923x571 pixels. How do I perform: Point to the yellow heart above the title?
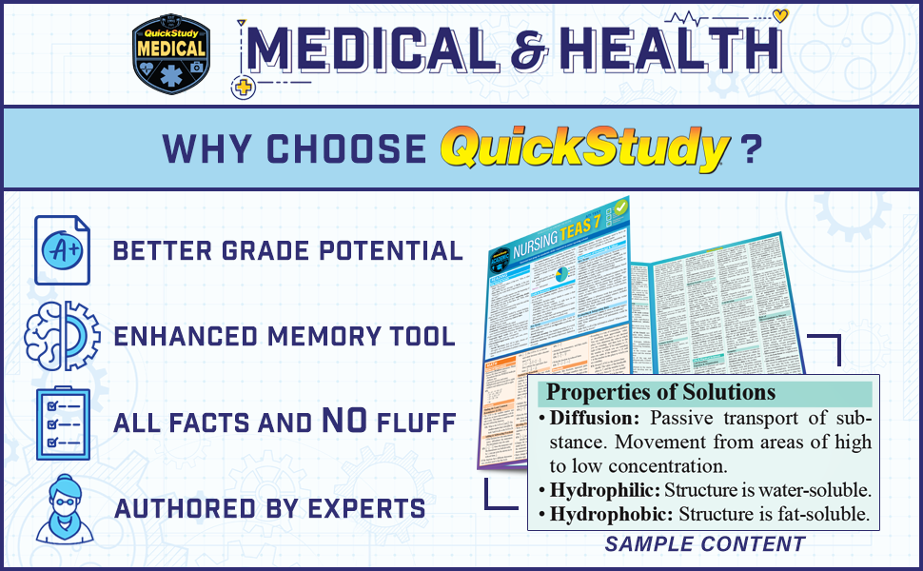tap(780, 15)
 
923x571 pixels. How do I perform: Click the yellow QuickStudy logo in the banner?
tap(584, 149)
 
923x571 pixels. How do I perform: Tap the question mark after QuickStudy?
tap(752, 149)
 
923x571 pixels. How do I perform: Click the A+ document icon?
tap(62, 249)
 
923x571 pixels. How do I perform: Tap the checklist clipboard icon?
tap(62, 423)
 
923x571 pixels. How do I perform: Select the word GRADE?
tap(249, 251)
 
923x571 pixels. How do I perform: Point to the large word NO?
tap(352, 422)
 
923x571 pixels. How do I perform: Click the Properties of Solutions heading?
tap(661, 392)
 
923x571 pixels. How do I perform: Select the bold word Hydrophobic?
tap(605, 515)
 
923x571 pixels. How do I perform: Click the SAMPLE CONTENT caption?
tap(705, 545)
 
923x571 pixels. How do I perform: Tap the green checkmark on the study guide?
tap(620, 207)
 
